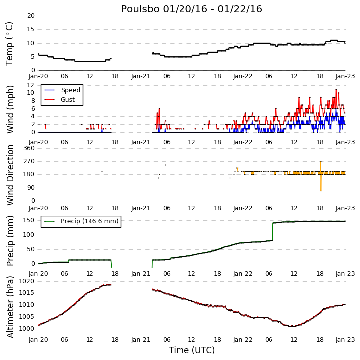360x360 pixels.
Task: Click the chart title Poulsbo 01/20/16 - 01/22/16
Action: point(191,9)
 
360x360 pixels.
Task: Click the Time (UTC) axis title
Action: point(191,350)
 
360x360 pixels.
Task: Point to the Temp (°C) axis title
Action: point(9,44)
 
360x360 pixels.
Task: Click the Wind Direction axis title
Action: point(10,175)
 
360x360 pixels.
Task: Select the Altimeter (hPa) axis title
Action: point(10,307)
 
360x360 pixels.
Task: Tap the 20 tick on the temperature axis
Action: point(31,16)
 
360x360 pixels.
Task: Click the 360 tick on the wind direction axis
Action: point(29,148)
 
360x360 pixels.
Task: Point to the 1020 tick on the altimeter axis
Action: point(26,281)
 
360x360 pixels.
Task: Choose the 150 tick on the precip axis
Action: point(29,220)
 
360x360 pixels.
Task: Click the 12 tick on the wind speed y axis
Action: point(31,85)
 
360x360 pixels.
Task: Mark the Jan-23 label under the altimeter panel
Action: point(345,340)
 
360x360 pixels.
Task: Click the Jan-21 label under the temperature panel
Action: point(140,76)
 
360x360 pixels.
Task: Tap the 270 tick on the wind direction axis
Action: point(29,161)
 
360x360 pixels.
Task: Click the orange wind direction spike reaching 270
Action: point(321,176)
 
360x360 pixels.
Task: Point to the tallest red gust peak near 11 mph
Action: point(336,89)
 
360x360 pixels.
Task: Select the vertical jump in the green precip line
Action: point(273,232)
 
